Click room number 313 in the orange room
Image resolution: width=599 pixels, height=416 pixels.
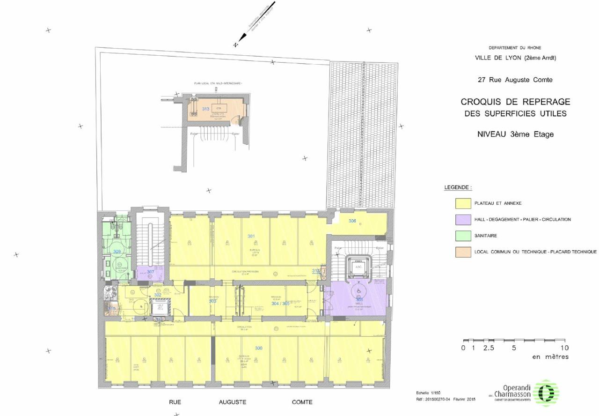(205, 109)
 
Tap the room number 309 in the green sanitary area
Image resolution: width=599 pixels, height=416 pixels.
(117, 252)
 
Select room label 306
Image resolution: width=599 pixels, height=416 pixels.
(352, 221)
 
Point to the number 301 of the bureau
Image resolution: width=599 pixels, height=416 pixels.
(251, 236)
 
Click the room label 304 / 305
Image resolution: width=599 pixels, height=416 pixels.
(281, 303)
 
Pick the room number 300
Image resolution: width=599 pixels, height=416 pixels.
(259, 348)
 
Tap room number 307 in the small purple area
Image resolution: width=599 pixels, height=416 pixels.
(151, 272)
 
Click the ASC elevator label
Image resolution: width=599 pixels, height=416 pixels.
(359, 267)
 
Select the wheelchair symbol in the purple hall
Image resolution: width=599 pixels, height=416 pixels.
(359, 290)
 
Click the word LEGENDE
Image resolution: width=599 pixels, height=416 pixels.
(458, 187)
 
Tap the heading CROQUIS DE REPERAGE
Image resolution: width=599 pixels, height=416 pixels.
(515, 102)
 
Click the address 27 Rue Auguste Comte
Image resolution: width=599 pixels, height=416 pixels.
(515, 80)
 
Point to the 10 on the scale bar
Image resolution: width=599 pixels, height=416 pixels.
(564, 348)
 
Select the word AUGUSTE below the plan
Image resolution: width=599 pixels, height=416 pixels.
(232, 402)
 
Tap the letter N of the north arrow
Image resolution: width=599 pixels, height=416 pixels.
(236, 45)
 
